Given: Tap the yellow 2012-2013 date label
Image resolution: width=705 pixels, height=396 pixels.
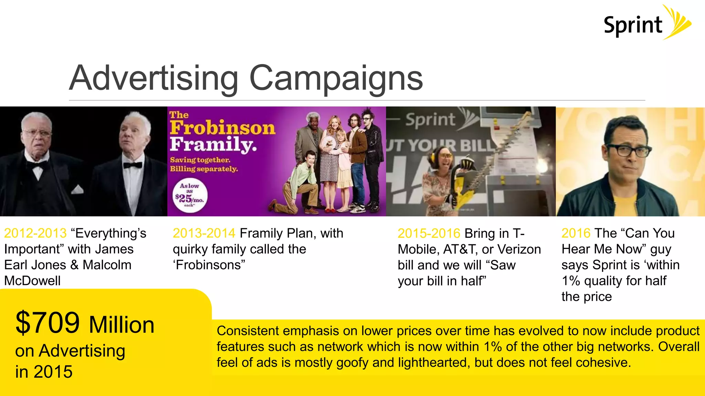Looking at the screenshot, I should [x=35, y=233].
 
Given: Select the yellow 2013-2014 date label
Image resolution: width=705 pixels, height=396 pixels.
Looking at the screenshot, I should [x=204, y=233].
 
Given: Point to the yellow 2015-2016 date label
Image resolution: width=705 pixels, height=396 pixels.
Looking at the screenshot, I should [x=429, y=234].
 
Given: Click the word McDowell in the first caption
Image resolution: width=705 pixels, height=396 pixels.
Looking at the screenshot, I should [x=32, y=281].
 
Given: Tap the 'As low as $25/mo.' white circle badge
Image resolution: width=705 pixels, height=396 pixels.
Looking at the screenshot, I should [x=190, y=195].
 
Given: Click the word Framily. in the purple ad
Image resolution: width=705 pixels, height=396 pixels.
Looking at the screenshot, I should [x=213, y=144].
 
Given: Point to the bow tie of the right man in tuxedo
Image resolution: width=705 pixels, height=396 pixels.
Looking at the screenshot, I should [x=133, y=165].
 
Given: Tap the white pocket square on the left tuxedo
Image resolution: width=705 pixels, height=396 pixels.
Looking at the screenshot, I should [x=77, y=189].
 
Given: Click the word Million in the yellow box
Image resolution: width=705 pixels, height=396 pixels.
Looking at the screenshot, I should [x=122, y=325].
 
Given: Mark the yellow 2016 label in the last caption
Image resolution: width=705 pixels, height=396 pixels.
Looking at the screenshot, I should [x=576, y=233].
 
